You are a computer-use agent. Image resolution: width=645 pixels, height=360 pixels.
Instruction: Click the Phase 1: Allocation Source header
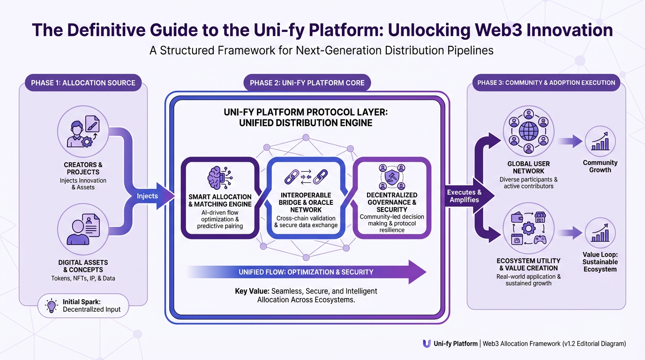tap(83, 83)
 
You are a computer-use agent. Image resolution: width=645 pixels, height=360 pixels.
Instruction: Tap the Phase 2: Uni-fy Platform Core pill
tap(307, 83)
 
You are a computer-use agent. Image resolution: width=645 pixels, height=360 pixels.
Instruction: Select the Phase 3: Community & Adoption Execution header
tap(546, 83)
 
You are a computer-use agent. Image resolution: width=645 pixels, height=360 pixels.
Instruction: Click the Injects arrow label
tap(148, 196)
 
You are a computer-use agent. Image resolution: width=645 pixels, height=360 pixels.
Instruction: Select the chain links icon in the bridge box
tap(305, 177)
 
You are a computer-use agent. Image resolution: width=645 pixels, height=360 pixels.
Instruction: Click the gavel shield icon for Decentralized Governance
tap(391, 176)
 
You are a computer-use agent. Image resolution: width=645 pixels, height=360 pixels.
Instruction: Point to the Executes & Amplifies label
tap(464, 196)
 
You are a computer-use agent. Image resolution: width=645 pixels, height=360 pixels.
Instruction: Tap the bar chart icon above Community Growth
tap(600, 141)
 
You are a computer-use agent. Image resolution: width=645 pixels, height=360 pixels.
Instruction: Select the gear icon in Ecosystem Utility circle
tap(528, 228)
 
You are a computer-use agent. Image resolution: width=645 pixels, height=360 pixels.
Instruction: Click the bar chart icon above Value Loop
tap(600, 232)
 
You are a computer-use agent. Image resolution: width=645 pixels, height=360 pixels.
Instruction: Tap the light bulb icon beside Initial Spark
tap(51, 305)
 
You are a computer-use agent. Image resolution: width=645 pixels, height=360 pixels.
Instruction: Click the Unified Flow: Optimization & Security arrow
tap(306, 272)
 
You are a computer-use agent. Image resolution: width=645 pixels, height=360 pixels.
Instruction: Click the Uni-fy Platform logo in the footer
tap(427, 344)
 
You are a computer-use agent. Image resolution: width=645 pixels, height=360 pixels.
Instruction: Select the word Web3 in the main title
tap(502, 30)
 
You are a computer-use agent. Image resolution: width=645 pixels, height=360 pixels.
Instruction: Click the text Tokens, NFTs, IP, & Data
tap(83, 278)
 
